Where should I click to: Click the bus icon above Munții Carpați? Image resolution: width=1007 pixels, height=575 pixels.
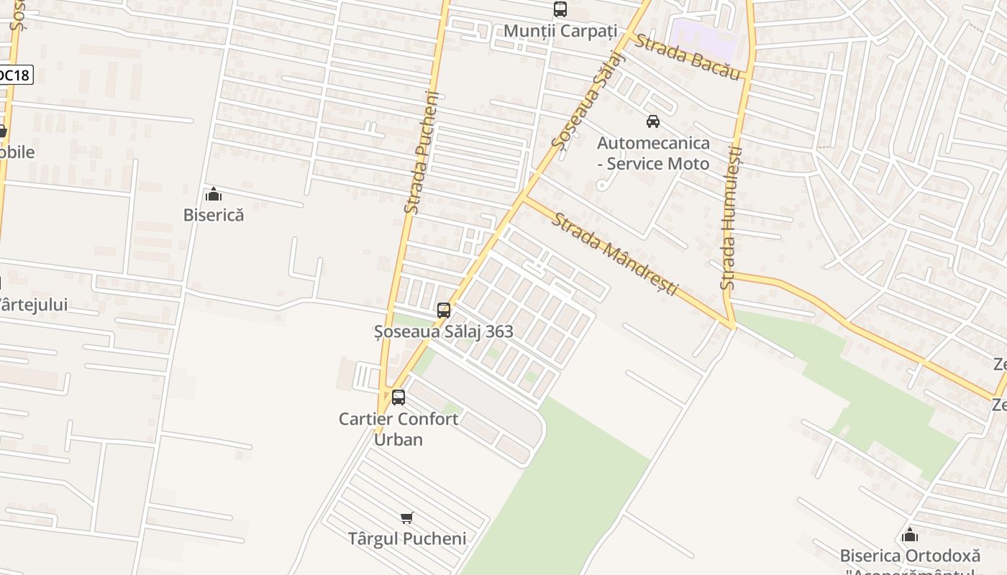pos(560,9)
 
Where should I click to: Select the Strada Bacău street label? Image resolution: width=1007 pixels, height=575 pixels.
pos(687,57)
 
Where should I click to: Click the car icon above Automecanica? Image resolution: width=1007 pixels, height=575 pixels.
pos(652,121)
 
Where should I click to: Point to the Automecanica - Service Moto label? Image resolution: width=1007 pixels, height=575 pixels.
pos(653,153)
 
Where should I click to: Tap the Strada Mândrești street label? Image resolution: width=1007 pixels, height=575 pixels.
pos(615,253)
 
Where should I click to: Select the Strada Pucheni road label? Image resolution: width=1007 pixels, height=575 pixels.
pos(422,152)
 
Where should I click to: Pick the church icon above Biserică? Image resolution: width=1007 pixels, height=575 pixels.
pos(214,194)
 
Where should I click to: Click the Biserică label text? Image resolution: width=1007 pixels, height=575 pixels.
pos(214,215)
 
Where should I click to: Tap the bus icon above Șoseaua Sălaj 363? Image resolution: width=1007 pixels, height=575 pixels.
pos(444,310)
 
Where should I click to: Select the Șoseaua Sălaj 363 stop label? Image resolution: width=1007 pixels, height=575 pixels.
pos(444,331)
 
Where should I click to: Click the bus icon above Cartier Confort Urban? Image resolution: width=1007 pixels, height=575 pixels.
pos(398,397)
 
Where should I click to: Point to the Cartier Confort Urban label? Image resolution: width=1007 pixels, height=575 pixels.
pos(398,429)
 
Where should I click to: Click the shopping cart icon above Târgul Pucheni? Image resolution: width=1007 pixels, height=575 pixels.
pos(407,517)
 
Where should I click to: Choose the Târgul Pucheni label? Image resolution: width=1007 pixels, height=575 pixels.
pos(407,538)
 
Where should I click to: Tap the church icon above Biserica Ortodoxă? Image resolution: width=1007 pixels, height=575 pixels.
pos(910,535)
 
